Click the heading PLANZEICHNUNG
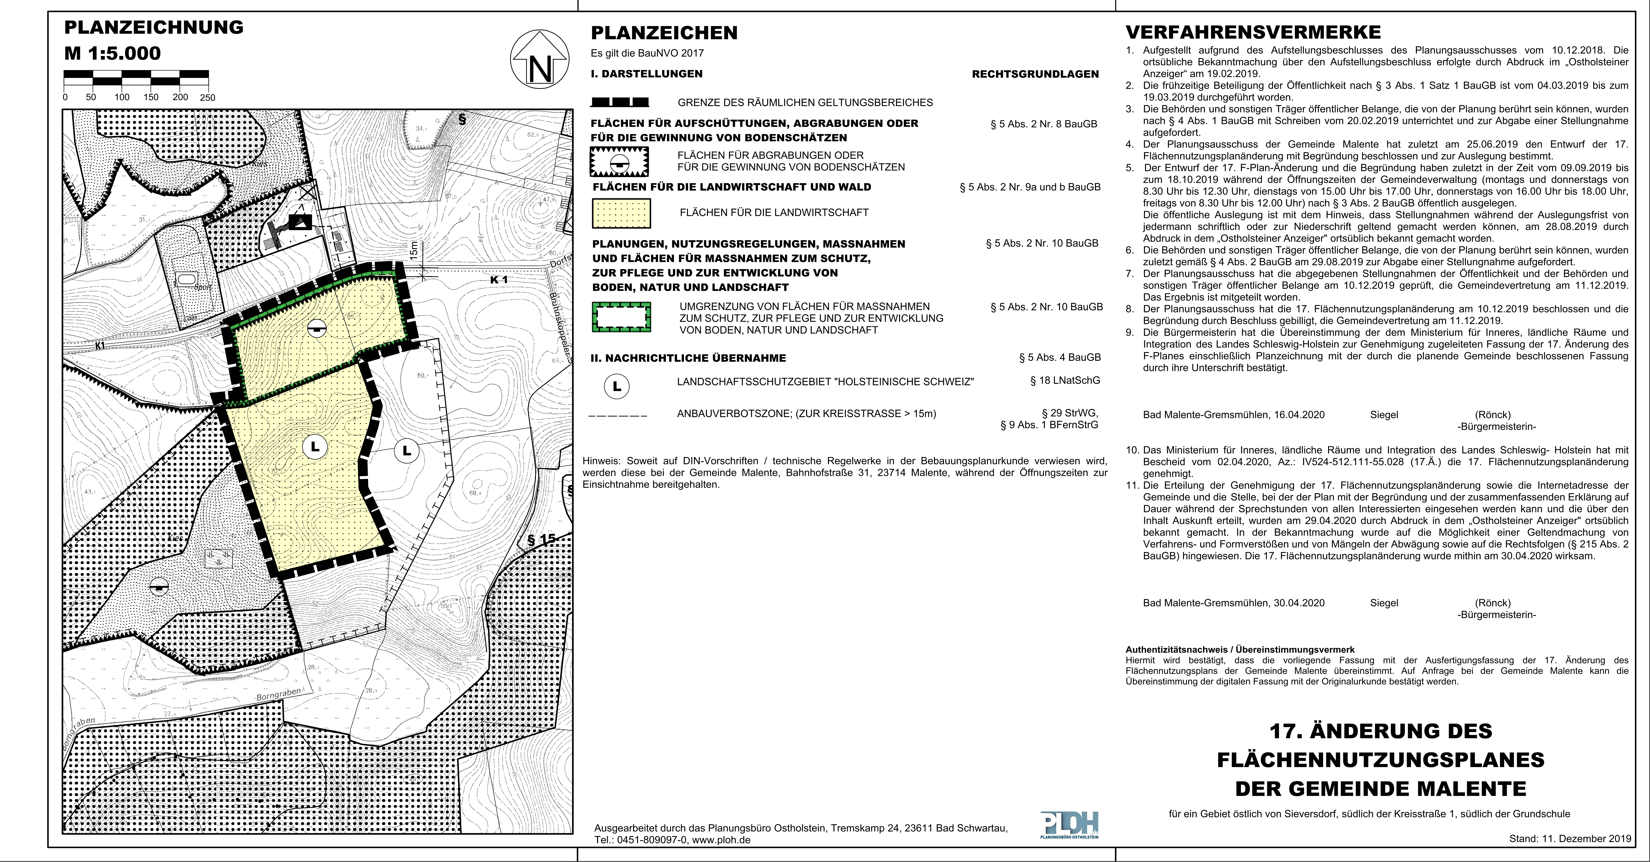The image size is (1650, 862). (x=154, y=27)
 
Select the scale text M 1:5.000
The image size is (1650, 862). (x=113, y=53)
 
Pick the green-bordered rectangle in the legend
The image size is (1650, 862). (x=621, y=317)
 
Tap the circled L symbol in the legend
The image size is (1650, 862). (x=617, y=387)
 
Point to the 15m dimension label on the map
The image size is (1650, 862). (x=414, y=250)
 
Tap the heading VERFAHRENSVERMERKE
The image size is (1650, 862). (x=1253, y=32)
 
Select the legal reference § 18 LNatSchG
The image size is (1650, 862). (x=1065, y=381)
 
